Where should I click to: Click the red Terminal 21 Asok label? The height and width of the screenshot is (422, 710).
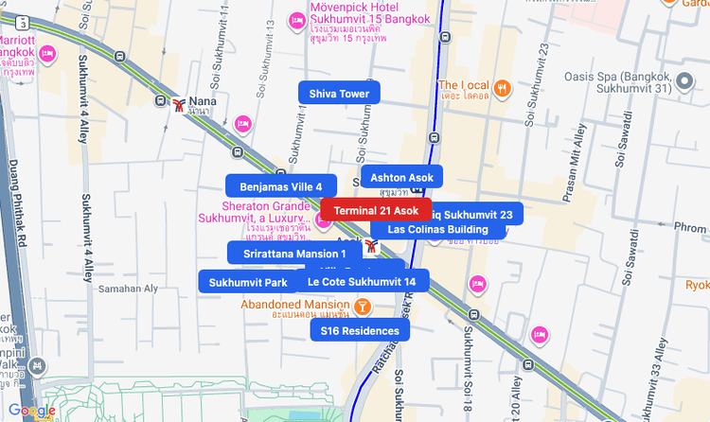click(376, 209)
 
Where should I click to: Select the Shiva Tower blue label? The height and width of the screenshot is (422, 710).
click(339, 93)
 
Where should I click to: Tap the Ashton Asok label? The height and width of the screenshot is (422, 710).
click(401, 177)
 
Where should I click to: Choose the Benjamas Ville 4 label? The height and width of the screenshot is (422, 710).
click(280, 186)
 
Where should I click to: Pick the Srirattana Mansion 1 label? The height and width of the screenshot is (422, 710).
click(294, 253)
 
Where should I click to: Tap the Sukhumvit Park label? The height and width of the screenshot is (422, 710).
click(247, 282)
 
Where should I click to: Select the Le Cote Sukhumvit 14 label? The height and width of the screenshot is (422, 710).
click(362, 281)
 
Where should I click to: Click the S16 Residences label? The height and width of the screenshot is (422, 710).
click(360, 330)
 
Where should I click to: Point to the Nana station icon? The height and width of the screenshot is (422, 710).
click(179, 103)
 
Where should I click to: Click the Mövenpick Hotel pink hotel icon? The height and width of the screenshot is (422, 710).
click(297, 20)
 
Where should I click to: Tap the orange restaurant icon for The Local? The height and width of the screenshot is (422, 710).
click(501, 88)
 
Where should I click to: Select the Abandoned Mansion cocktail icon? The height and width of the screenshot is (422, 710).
click(362, 307)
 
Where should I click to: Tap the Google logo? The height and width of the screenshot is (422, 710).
click(31, 411)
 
